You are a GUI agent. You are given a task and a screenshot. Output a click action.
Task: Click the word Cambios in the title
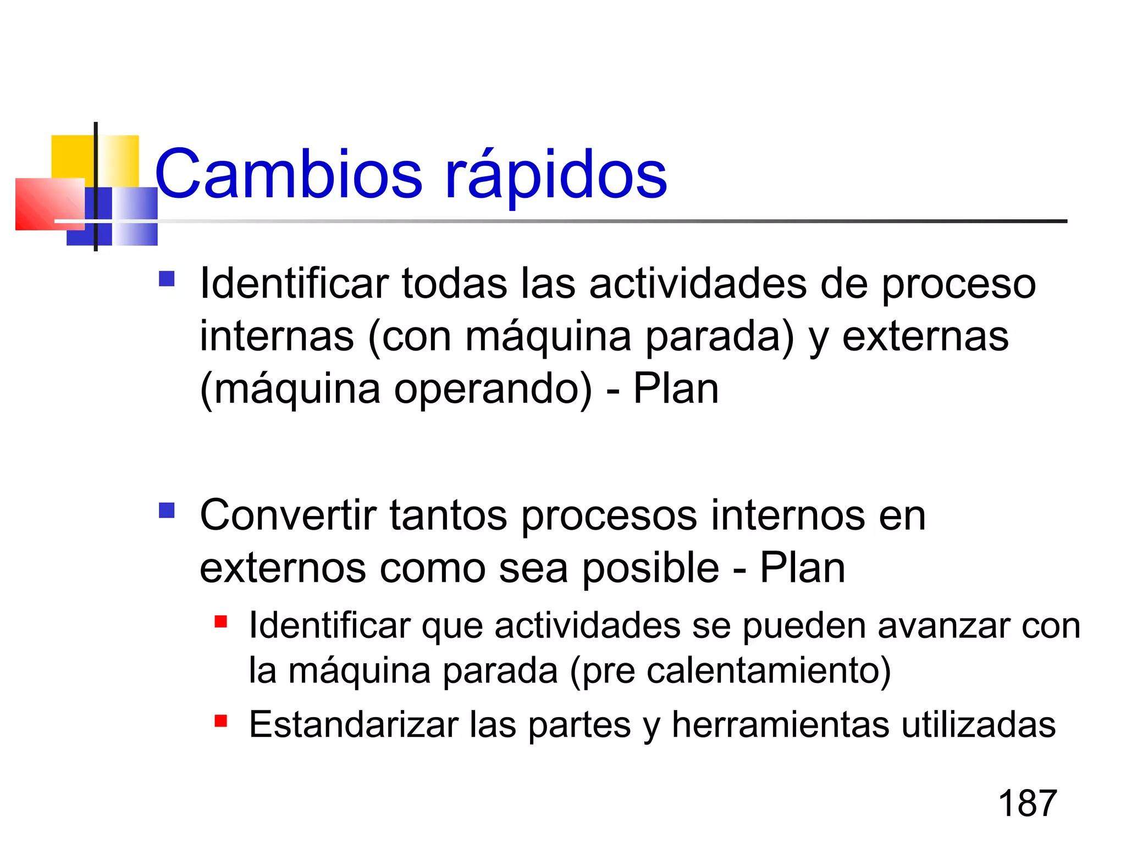pyautogui.click(x=289, y=175)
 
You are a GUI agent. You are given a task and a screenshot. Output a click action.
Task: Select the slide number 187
pyautogui.click(x=1027, y=803)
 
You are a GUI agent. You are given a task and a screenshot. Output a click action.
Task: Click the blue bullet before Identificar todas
pyautogui.click(x=166, y=279)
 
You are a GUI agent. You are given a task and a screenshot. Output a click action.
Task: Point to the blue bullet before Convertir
pyautogui.click(x=166, y=511)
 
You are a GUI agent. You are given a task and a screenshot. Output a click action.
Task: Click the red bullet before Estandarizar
pyautogui.click(x=221, y=720)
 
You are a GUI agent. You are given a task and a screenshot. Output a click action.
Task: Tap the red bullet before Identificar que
pyautogui.click(x=221, y=621)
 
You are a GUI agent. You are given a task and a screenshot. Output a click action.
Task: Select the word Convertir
pyautogui.click(x=288, y=515)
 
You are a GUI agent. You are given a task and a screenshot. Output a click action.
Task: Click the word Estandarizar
pyautogui.click(x=354, y=725)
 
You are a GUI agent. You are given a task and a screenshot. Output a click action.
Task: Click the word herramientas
pyautogui.click(x=780, y=725)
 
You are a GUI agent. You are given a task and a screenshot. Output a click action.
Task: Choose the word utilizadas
pyautogui.click(x=978, y=725)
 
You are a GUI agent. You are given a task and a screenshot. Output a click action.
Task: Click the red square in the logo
pyautogui.click(x=49, y=204)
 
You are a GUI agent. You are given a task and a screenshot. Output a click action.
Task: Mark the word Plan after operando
pyautogui.click(x=676, y=389)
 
